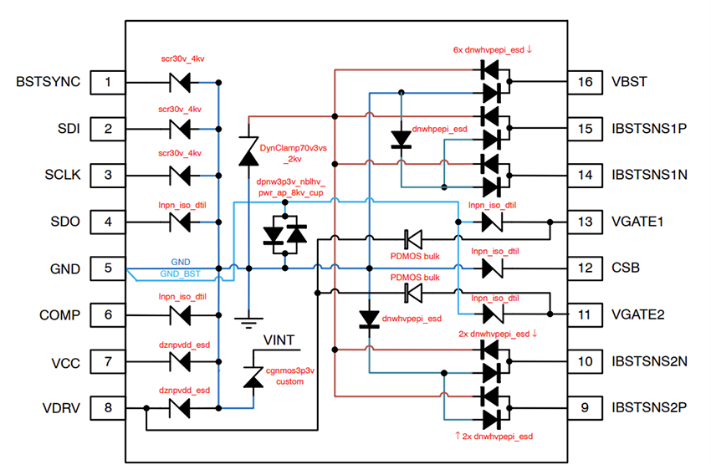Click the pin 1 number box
point(107,82)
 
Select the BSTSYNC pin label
point(49,82)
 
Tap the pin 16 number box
point(585,82)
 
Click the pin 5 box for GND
point(107,269)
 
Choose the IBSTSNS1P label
point(648,129)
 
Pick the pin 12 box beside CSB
point(585,269)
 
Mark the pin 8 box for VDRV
point(107,408)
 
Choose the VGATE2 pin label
point(637,315)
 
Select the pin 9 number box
point(585,408)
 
